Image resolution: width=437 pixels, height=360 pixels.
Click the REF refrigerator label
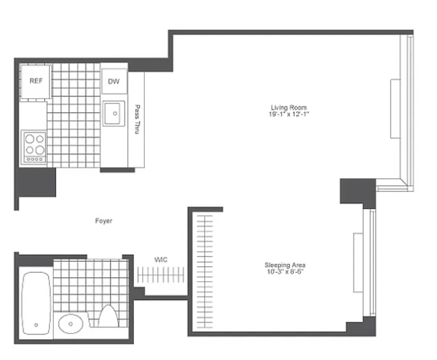[x=36, y=81]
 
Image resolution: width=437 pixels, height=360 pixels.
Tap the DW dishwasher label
[x=114, y=81]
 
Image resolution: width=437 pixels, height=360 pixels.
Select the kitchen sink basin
[x=114, y=113]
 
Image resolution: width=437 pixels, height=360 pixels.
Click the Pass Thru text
[x=137, y=119]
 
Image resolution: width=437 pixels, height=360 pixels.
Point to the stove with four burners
[x=34, y=147]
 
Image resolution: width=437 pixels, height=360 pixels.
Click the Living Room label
[x=289, y=107]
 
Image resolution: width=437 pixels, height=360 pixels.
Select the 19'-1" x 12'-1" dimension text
[x=289, y=114]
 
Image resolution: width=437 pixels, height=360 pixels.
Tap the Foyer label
[x=104, y=221]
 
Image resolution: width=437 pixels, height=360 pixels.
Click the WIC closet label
[x=161, y=260]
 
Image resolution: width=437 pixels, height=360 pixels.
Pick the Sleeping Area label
[x=285, y=265]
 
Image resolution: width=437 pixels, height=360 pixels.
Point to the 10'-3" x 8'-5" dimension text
[x=285, y=272]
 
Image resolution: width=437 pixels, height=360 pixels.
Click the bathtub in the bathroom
[x=36, y=303]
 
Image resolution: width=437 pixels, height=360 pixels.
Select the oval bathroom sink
[x=71, y=324]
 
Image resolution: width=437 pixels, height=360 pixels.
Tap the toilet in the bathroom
[x=108, y=316]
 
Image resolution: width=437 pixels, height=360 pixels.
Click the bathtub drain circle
[x=36, y=325]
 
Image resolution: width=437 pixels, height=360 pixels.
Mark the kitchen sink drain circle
[x=115, y=113]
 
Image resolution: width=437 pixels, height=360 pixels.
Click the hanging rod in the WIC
[x=161, y=275]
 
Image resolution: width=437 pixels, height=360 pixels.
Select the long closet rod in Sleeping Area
[x=205, y=272]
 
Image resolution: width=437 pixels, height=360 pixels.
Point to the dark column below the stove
[x=36, y=182]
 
